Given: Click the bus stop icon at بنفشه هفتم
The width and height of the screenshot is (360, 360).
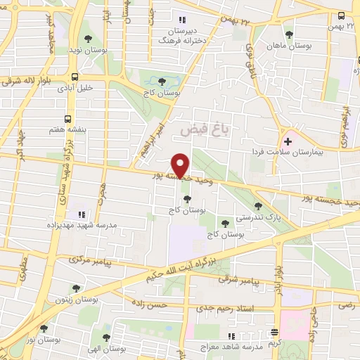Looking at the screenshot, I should point(68,119).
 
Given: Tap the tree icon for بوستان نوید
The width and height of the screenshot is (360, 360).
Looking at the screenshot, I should point(86,39).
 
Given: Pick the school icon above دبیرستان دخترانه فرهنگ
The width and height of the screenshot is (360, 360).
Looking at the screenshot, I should point(182,20).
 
